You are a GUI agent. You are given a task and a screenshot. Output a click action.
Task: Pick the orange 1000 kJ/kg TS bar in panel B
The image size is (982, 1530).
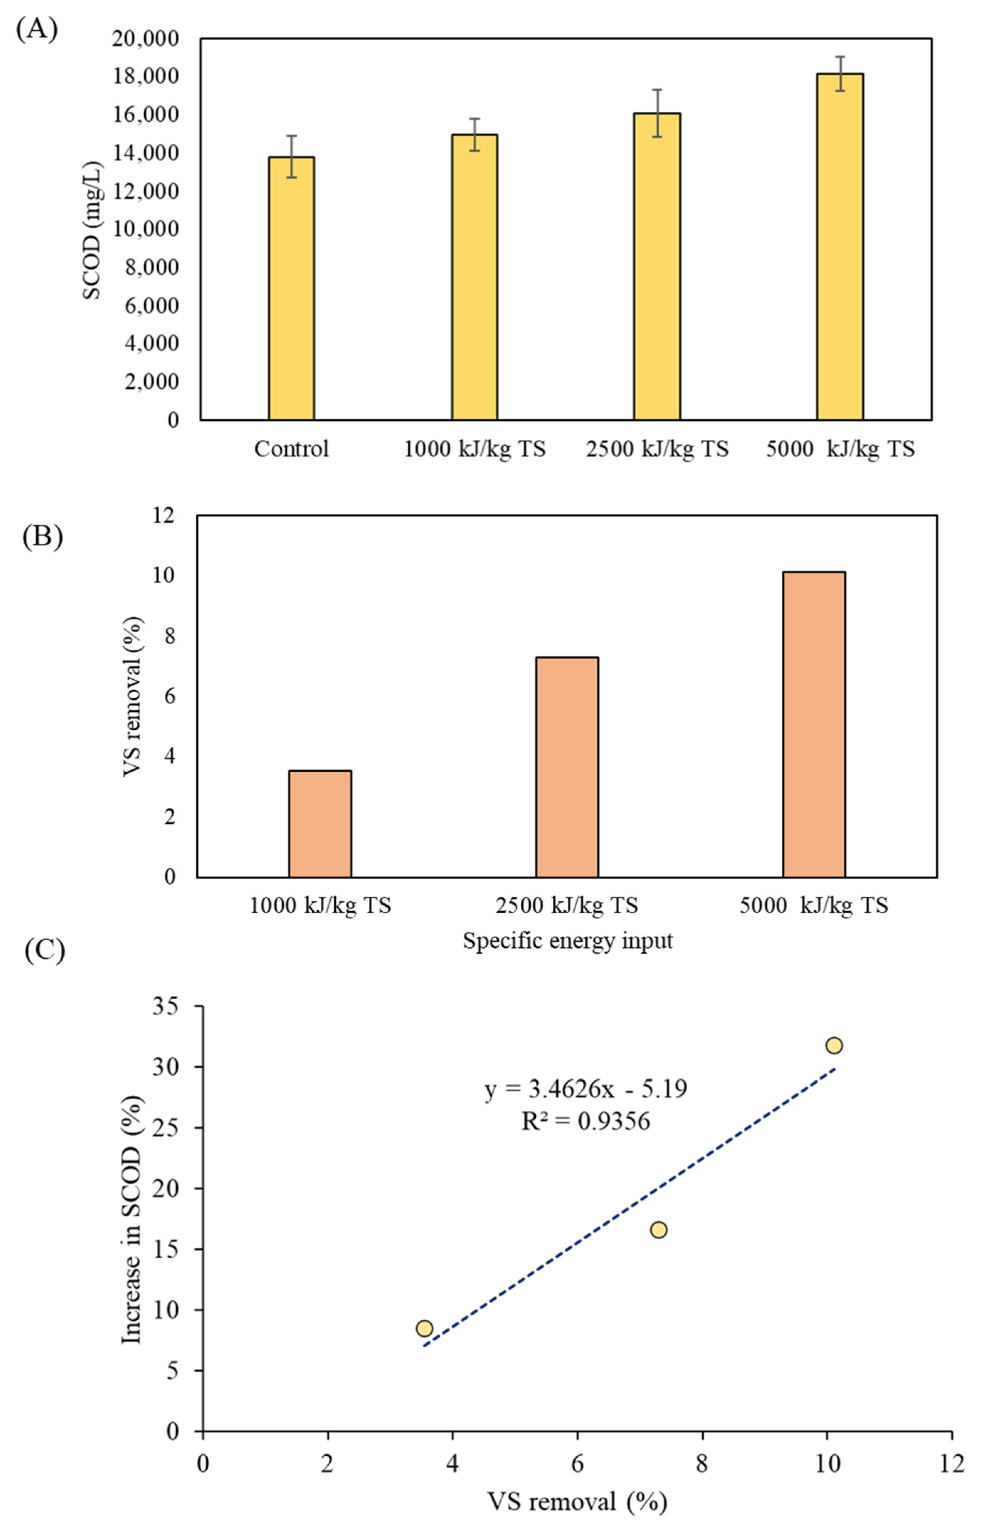coord(320,824)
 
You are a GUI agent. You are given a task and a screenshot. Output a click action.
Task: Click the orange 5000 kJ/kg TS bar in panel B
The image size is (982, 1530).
coord(814,724)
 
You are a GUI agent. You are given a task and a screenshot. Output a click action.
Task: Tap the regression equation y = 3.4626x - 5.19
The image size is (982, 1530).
coord(585,1088)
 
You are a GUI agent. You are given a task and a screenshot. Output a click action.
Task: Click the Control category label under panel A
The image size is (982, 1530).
coord(291,449)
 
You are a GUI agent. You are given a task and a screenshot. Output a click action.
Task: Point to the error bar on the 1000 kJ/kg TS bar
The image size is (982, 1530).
coord(474,134)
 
